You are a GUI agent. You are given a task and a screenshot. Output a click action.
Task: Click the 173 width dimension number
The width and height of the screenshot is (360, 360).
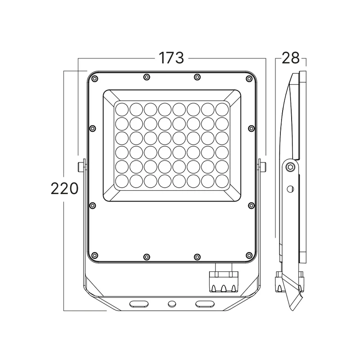(x=171, y=58)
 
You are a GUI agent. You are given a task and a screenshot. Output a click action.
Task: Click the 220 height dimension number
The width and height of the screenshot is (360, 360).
(x=64, y=189)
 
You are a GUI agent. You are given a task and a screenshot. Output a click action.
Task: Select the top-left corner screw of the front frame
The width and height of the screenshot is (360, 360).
(x=94, y=79)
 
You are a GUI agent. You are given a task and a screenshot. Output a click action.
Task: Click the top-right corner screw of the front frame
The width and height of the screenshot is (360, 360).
(x=249, y=79)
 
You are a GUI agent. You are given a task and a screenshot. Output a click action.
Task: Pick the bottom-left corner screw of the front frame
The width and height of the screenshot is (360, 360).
(x=94, y=255)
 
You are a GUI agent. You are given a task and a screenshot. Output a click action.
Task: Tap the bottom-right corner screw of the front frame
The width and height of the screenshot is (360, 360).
(x=249, y=255)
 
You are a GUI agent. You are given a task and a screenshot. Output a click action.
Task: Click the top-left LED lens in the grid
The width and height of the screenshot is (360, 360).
(x=121, y=109)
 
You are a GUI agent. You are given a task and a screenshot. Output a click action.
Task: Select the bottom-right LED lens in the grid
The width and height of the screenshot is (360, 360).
(x=222, y=181)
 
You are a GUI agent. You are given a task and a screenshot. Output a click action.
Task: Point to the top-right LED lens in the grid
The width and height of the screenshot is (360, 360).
(x=222, y=109)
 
